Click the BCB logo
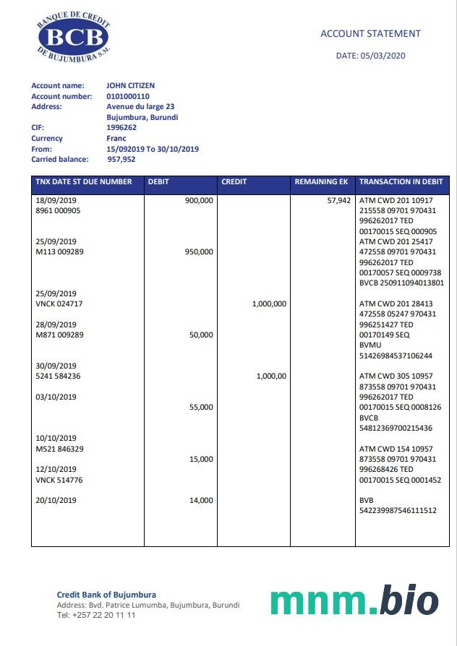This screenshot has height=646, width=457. point(72,37)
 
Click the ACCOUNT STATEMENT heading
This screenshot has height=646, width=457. point(370,33)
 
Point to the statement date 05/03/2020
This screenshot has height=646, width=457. point(371,56)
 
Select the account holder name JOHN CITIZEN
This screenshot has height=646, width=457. point(130,86)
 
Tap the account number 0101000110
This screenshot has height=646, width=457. point(128,96)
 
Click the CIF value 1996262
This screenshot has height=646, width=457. point(121,127)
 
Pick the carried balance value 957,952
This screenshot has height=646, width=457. point(121,159)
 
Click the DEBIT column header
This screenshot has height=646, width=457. point(158,182)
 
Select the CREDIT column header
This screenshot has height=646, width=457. point(234,182)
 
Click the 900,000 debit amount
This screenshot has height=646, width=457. point(199,200)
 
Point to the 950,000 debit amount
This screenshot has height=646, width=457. point(199,252)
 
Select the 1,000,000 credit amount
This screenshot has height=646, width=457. point(269,304)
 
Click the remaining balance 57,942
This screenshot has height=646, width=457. point(338,200)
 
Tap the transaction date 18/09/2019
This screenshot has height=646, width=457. point(56,200)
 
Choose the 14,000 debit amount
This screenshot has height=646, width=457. point(201,500)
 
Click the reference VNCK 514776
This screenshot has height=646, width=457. point(59,480)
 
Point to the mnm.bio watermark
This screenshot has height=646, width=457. point(354,601)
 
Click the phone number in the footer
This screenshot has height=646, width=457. point(96,615)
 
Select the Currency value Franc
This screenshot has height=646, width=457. point(116,138)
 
